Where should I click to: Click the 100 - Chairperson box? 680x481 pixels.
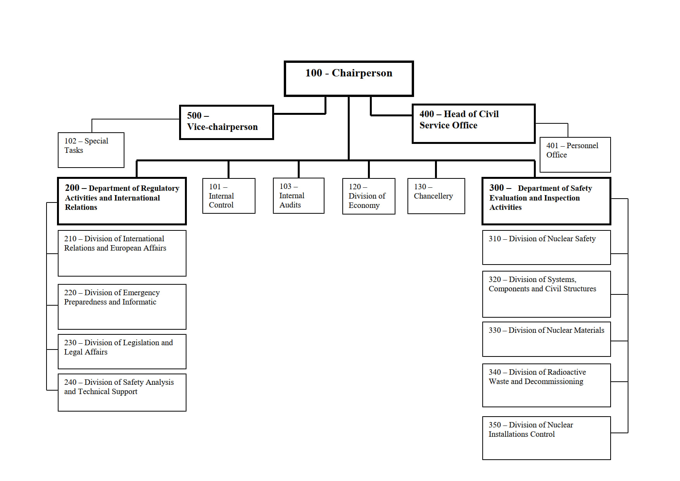(x=349, y=78)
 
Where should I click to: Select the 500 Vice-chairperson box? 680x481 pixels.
(x=226, y=122)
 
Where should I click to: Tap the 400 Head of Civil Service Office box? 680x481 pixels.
(x=473, y=123)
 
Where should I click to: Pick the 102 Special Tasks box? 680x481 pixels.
(x=91, y=150)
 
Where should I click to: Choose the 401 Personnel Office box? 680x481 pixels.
(x=575, y=155)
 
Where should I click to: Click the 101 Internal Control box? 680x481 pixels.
(x=229, y=196)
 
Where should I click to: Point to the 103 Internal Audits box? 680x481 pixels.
(x=299, y=196)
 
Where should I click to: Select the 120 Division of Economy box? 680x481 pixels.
(x=369, y=196)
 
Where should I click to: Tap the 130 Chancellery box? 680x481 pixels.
(x=436, y=196)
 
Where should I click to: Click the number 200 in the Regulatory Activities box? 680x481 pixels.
(x=72, y=188)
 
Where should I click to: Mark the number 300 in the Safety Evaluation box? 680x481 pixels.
(x=497, y=188)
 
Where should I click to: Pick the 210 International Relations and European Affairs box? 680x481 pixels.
(x=122, y=253)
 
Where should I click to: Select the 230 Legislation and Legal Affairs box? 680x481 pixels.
(x=122, y=351)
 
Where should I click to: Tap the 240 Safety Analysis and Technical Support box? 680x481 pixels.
(x=122, y=393)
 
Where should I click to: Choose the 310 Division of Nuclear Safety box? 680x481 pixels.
(x=547, y=247)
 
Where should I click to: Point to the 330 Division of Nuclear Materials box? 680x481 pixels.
(x=547, y=339)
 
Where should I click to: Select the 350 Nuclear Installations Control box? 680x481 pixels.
(x=547, y=438)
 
